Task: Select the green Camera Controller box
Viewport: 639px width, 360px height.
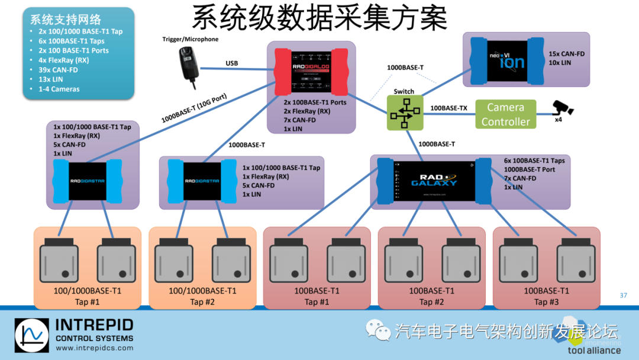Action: tap(505, 114)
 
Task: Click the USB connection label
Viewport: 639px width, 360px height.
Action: tap(232, 63)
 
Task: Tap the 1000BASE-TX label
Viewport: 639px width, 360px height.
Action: tap(448, 108)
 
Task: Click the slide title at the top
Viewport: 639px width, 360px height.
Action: tap(319, 19)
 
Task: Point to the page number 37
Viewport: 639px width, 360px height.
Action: tap(623, 295)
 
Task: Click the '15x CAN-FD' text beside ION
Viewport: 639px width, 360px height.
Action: tap(566, 54)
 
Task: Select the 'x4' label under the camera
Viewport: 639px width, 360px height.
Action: tap(558, 120)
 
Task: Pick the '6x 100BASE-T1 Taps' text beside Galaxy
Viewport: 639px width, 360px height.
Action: tap(534, 160)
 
